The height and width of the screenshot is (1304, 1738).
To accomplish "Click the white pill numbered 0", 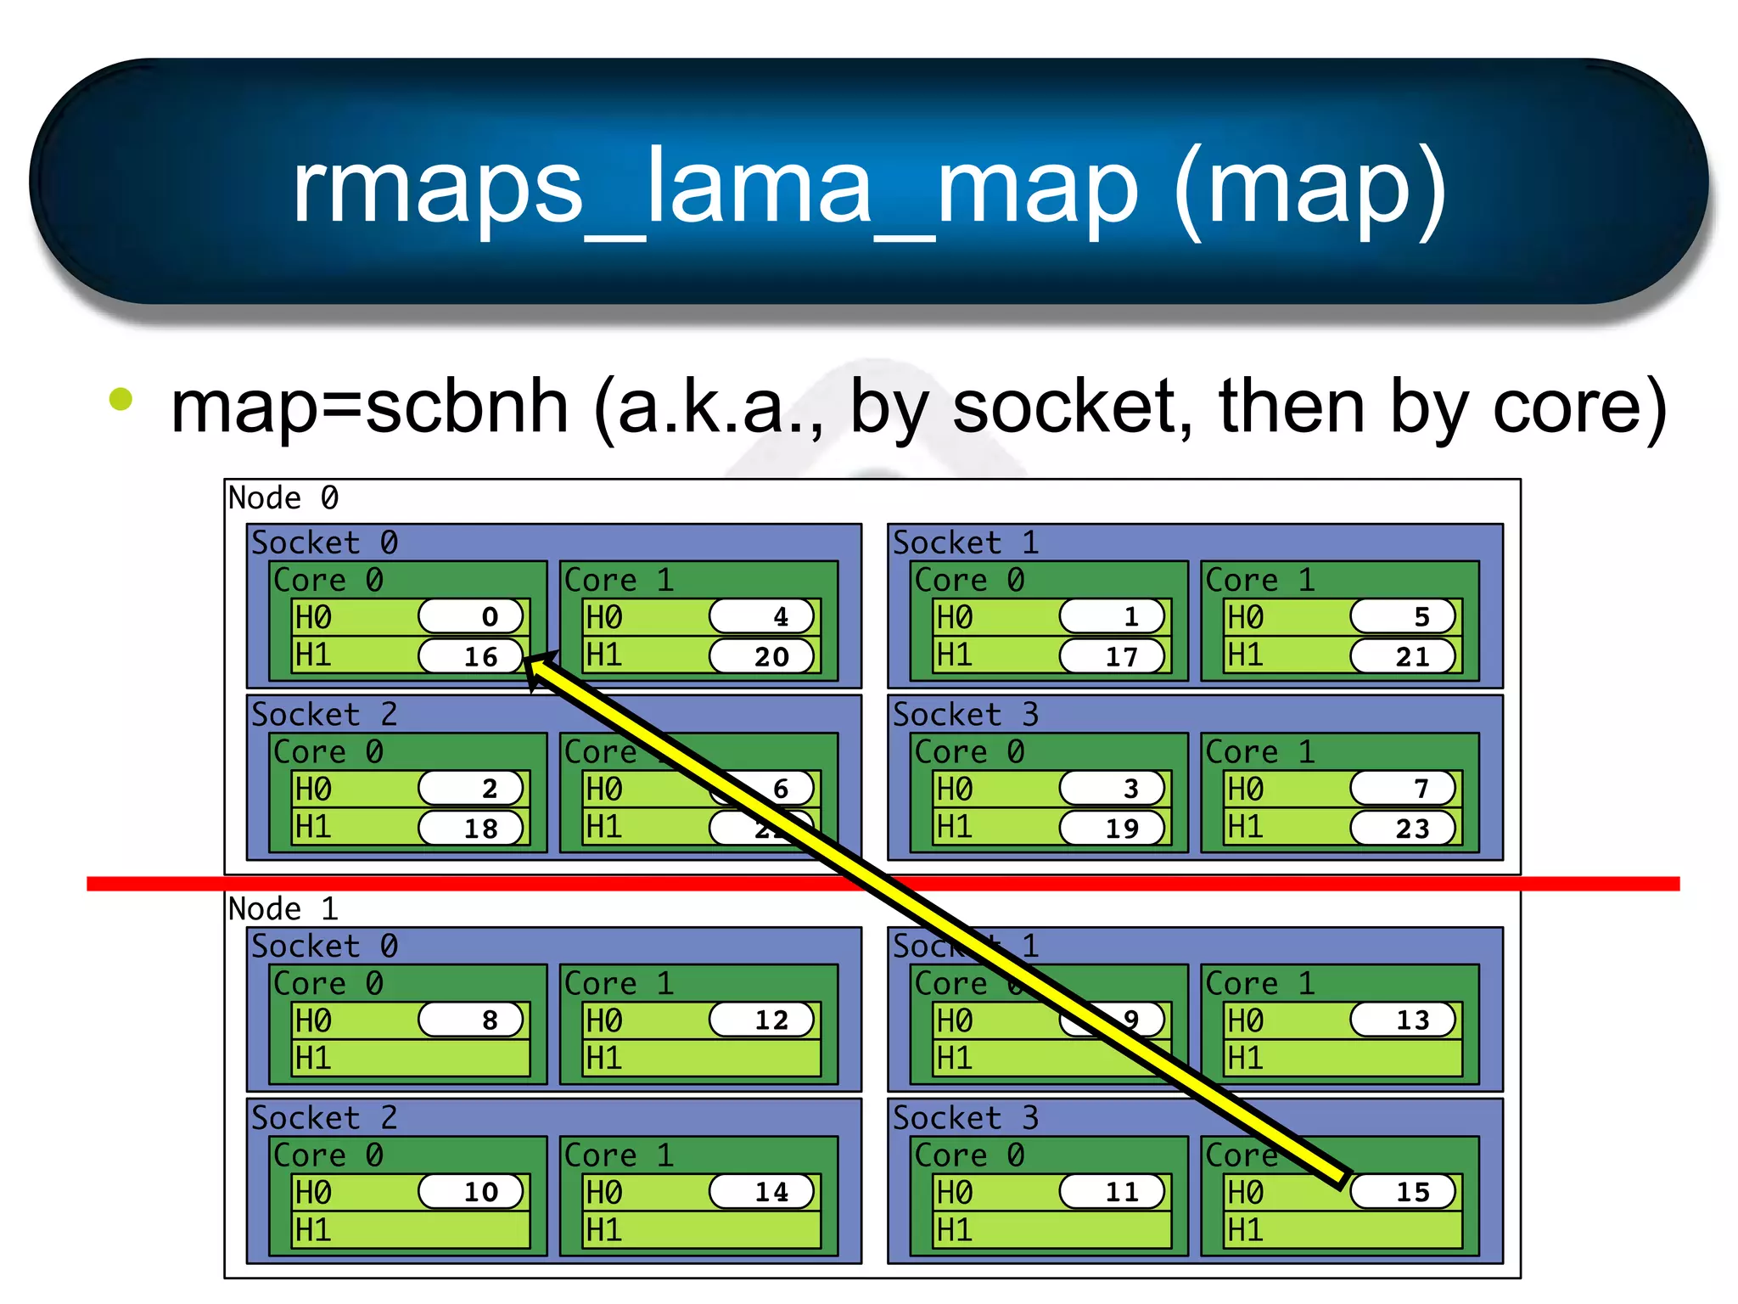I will [x=471, y=616].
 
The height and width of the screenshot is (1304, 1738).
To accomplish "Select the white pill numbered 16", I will [x=471, y=656].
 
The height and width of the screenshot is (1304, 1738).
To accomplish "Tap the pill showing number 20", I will [x=762, y=656].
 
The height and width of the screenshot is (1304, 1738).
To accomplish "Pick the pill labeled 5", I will [x=1403, y=616].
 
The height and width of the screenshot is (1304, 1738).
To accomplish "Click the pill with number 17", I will [x=1112, y=656].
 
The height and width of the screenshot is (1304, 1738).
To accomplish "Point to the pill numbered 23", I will [x=1403, y=828].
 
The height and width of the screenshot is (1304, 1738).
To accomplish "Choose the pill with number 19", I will [x=1112, y=828].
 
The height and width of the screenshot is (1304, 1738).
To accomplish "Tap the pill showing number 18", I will [x=471, y=828].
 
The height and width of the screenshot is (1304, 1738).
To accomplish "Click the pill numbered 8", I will [x=471, y=1020].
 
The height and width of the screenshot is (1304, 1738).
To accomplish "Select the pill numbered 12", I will [x=762, y=1020].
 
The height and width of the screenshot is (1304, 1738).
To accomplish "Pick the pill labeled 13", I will [x=1403, y=1020].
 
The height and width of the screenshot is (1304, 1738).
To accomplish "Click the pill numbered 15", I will [x=1403, y=1191].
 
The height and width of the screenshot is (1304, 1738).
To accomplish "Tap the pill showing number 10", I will [x=471, y=1191].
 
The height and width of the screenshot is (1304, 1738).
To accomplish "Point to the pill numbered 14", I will [x=762, y=1191].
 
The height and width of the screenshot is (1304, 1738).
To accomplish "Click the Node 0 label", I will [x=283, y=497].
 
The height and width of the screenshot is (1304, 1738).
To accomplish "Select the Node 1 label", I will [x=283, y=908].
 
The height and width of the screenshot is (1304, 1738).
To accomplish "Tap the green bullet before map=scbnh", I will [x=121, y=399].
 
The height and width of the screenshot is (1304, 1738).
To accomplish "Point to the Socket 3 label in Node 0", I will [x=965, y=715].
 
